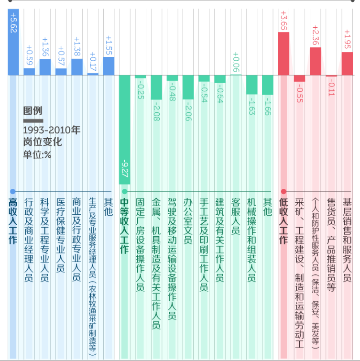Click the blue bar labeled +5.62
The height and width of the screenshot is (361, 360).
13,43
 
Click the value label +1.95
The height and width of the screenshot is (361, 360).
347,40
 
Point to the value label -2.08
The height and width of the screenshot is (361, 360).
156,110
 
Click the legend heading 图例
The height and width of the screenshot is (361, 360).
33,110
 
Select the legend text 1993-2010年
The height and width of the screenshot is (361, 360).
52,130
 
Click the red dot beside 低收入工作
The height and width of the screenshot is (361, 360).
284,191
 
